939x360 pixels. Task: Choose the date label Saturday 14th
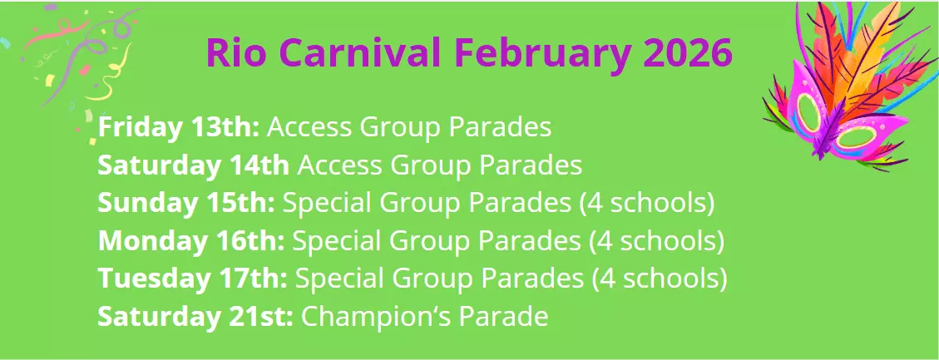pyautogui.click(x=193, y=165)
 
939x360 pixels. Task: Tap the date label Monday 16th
pyautogui.click(x=191, y=240)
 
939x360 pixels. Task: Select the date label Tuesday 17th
pyautogui.click(x=192, y=279)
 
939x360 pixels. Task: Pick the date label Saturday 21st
pyautogui.click(x=195, y=317)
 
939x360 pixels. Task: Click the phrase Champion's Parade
pyautogui.click(x=424, y=317)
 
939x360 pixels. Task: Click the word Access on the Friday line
pyautogui.click(x=310, y=127)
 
